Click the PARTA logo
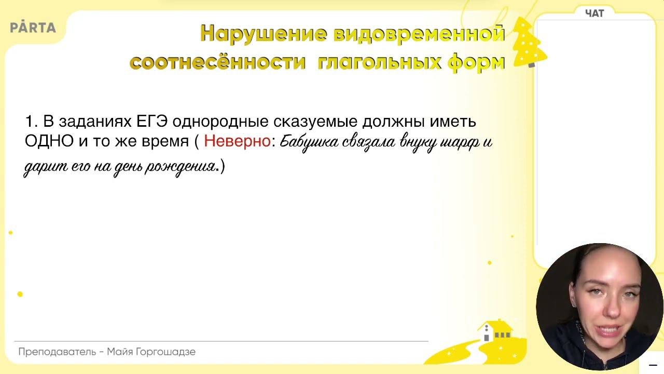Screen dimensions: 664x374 pyautogui.click(x=33, y=27)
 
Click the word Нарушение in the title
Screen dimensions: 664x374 pyautogui.click(x=264, y=34)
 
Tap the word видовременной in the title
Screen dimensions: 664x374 pyautogui.click(x=419, y=33)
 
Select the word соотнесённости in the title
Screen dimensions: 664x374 pyautogui.click(x=218, y=62)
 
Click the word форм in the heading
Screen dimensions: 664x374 pyautogui.click(x=476, y=63)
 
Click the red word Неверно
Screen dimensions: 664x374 pyautogui.click(x=237, y=141)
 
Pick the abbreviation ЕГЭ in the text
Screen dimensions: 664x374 pyautogui.click(x=152, y=121)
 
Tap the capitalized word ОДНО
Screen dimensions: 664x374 pyautogui.click(x=49, y=141)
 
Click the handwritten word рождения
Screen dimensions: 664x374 pyautogui.click(x=180, y=167)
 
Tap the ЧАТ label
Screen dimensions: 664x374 pyautogui.click(x=594, y=14)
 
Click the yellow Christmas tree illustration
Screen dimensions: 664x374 pyautogui.click(x=529, y=43)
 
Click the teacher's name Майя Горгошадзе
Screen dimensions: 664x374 pyautogui.click(x=151, y=352)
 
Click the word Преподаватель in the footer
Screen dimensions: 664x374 pyautogui.click(x=57, y=352)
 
